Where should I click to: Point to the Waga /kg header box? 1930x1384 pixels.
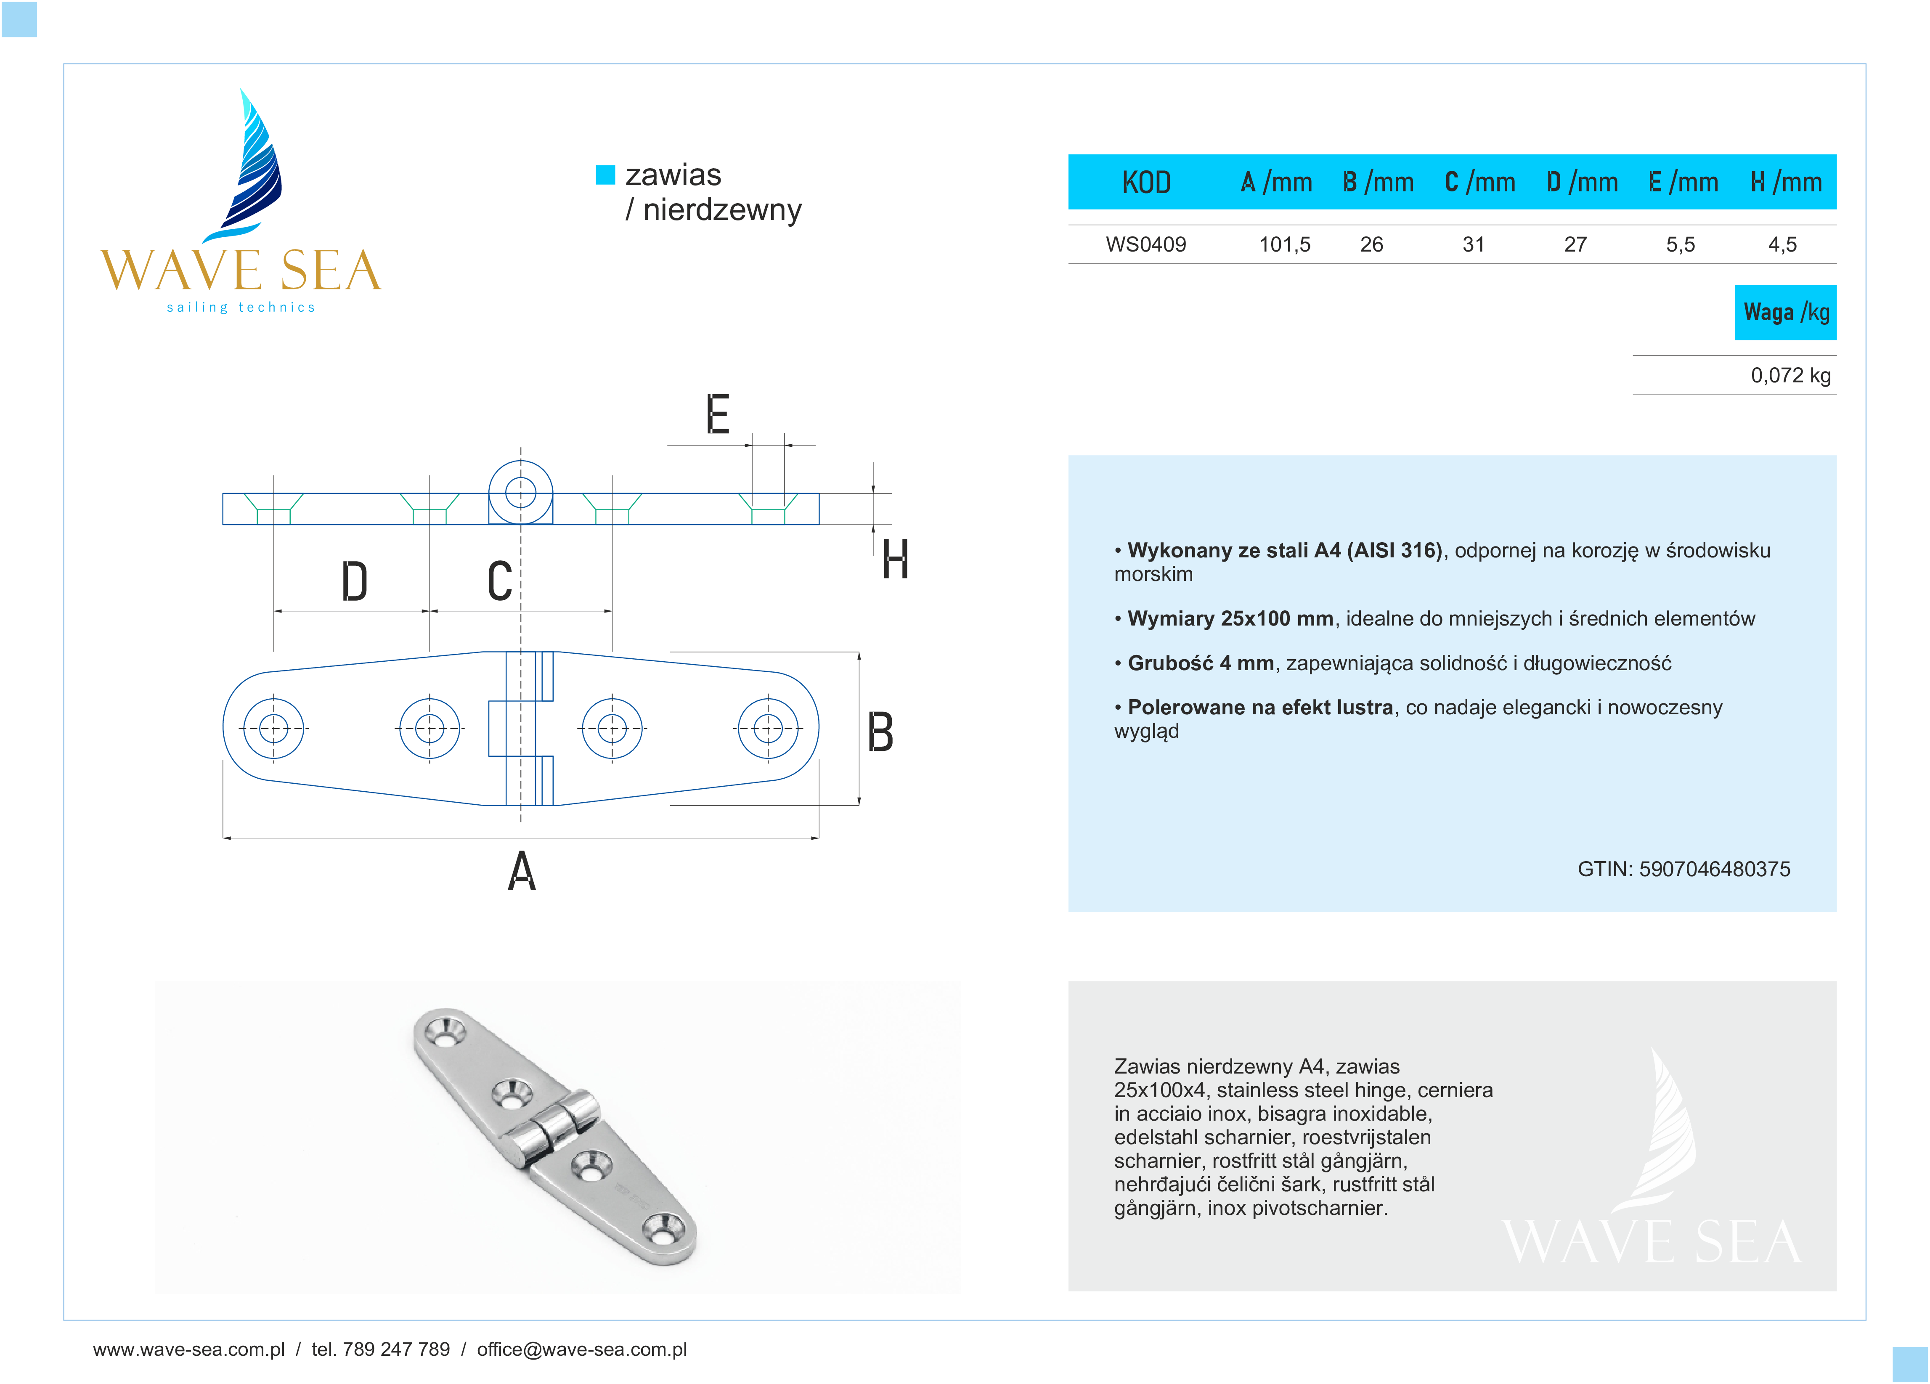(x=1785, y=313)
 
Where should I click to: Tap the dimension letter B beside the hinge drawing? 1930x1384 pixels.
(x=880, y=732)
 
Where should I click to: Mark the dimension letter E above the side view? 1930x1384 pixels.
(x=717, y=414)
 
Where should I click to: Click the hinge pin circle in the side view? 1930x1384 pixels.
(x=520, y=492)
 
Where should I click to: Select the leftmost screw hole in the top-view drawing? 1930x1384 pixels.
(x=273, y=729)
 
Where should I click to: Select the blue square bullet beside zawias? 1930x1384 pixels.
(x=605, y=175)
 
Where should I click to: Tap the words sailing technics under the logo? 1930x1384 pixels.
(x=241, y=307)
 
